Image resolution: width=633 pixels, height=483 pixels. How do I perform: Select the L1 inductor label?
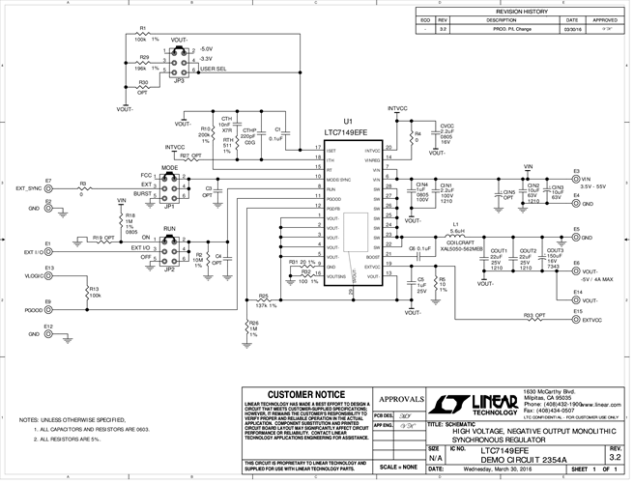tap(454, 224)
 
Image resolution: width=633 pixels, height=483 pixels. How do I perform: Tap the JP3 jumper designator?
tap(179, 82)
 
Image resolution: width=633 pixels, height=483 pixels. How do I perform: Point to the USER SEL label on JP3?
tap(213, 71)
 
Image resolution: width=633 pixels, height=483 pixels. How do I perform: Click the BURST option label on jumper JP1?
tap(142, 194)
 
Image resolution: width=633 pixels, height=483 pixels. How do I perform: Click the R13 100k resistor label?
tap(95, 292)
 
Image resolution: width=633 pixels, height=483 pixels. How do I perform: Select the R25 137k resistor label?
tap(263, 301)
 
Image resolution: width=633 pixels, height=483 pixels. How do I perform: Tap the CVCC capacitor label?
tap(446, 126)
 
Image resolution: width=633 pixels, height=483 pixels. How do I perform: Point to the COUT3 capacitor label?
tap(555, 251)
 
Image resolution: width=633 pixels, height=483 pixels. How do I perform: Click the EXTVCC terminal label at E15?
tap(592, 319)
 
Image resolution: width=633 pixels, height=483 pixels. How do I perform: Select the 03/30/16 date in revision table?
tap(571, 30)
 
